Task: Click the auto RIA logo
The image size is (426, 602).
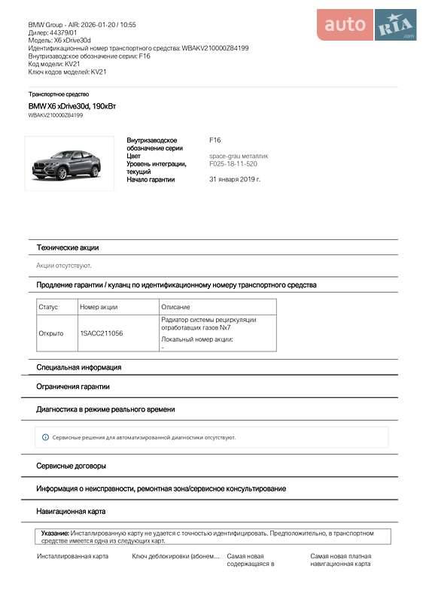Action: (x=366, y=25)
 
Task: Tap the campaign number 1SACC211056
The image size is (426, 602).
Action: (x=102, y=333)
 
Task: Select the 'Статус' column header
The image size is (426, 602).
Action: (x=48, y=307)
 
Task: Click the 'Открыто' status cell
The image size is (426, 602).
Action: (x=51, y=333)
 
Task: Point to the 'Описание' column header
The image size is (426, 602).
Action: (x=175, y=307)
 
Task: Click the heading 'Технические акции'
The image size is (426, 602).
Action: (x=68, y=248)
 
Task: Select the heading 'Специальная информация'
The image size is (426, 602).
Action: (x=79, y=367)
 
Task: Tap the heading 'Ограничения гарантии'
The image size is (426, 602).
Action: (x=73, y=386)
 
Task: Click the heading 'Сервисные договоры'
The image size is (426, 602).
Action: (x=72, y=466)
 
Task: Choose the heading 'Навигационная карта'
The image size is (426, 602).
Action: (x=71, y=511)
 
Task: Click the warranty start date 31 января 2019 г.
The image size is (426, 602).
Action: (x=235, y=179)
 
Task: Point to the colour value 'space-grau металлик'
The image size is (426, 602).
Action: (x=239, y=156)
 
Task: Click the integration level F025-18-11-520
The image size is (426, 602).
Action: (x=233, y=163)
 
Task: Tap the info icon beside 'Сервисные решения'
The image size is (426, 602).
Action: (x=45, y=437)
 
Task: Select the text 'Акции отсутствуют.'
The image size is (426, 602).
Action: (x=64, y=266)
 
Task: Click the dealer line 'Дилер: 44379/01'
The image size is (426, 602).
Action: (x=53, y=32)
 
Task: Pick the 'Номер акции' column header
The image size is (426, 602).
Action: (x=99, y=307)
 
